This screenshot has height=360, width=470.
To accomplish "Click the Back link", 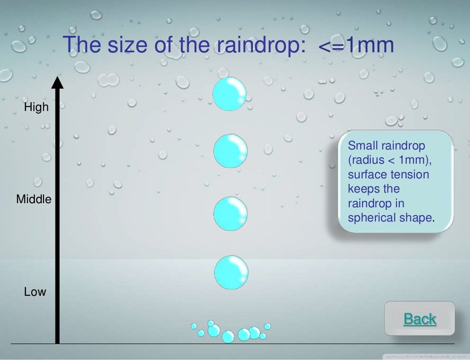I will [420, 319].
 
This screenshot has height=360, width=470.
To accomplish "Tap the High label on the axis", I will [36, 108].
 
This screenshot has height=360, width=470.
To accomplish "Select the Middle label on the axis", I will [34, 199].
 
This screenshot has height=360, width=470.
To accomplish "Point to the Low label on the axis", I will [35, 292].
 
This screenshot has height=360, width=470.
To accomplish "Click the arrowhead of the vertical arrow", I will [57, 83].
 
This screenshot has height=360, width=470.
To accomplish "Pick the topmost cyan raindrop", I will [229, 94].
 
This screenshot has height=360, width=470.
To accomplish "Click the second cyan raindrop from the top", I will [230, 151].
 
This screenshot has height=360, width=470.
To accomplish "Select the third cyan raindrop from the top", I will [230, 214].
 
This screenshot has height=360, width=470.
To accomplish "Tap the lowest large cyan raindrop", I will [231, 272].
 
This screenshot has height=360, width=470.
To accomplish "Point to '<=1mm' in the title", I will [356, 45].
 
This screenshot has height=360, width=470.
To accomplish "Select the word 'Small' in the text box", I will [362, 146].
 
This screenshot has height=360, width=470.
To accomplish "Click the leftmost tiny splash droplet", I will [194, 326].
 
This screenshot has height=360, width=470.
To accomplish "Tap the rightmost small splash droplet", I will [268, 327].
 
